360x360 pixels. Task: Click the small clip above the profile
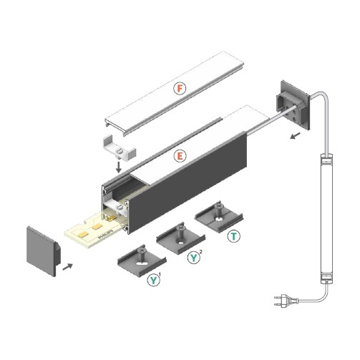(x=117, y=147)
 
